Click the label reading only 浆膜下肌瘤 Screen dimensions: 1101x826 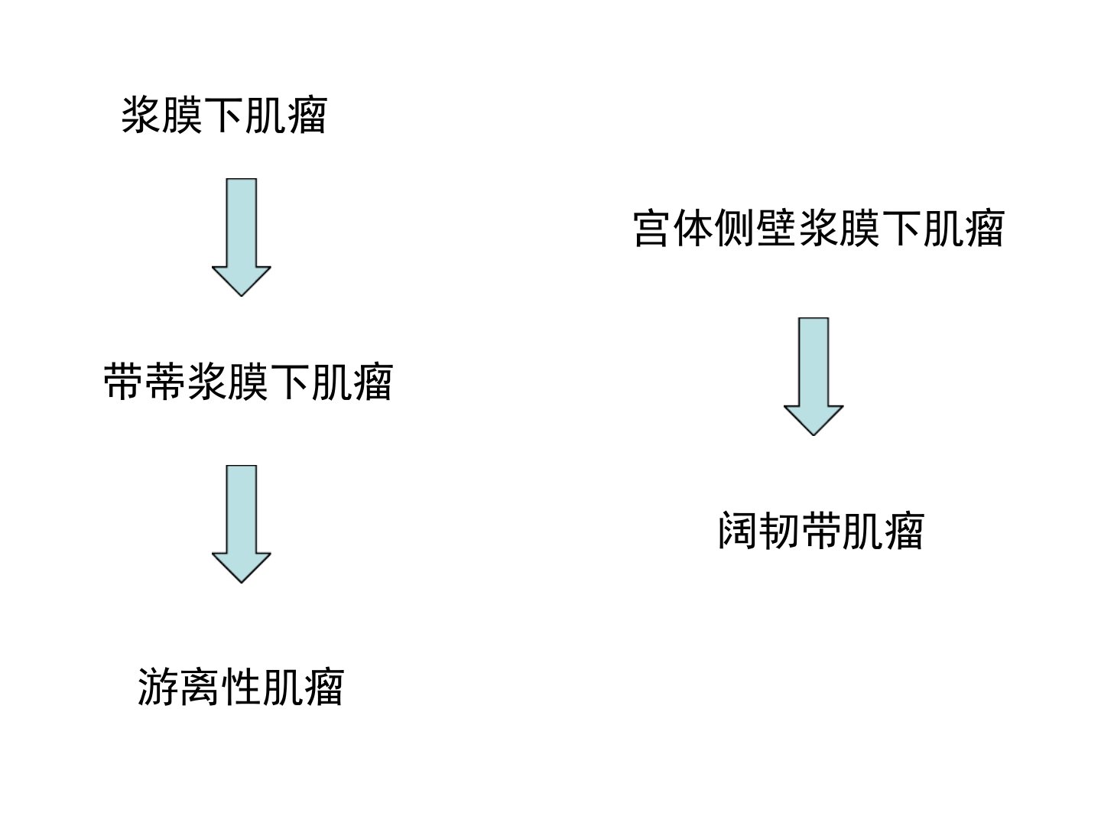point(224,115)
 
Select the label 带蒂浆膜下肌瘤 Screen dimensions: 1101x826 point(248,382)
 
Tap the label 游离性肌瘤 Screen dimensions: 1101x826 point(240,687)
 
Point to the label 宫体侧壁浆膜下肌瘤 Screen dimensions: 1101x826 point(819,229)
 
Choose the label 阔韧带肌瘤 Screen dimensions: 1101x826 point(821,531)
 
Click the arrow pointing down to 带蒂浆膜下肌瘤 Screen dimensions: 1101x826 point(242,237)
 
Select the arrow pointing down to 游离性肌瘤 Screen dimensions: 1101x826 point(242,524)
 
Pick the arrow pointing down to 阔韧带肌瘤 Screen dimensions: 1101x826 point(813,376)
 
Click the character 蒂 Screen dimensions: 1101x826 point(164,382)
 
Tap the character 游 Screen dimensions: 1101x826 point(157,687)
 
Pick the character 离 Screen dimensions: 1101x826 point(199,687)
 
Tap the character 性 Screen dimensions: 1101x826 point(240,687)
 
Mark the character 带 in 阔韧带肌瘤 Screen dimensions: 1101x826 point(820,531)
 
